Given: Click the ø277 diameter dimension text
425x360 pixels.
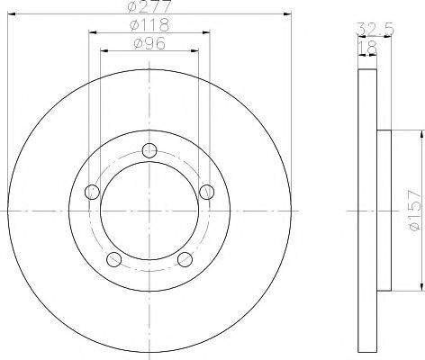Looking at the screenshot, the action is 149,6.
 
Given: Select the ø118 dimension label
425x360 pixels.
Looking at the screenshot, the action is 149,25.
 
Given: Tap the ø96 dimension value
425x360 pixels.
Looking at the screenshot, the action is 149,44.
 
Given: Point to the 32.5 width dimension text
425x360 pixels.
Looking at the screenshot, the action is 375,30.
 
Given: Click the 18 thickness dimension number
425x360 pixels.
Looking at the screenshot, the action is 367,48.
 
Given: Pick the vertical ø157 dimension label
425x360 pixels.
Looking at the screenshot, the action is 416,211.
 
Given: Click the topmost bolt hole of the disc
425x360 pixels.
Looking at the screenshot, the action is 149,150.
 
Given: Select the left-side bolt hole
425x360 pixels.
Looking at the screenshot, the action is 92,192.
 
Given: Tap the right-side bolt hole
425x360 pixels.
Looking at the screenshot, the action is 207,192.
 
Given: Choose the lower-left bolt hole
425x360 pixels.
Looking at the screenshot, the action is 114,259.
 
